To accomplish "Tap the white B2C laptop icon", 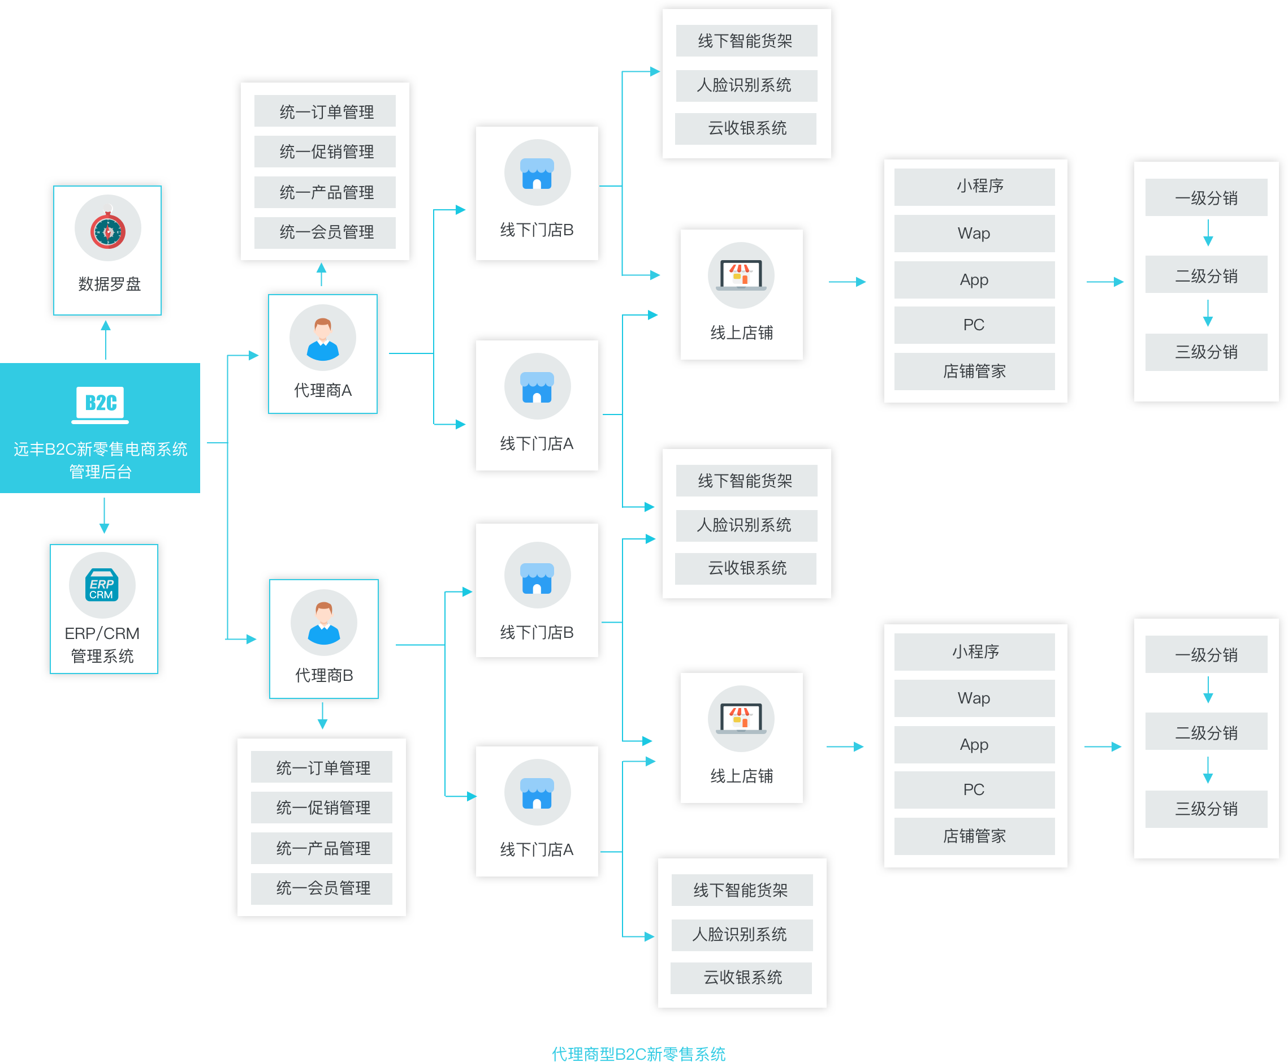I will pyautogui.click(x=100, y=404).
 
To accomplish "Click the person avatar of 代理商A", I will pyautogui.click(x=323, y=338).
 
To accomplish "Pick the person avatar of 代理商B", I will pyautogui.click(x=324, y=623).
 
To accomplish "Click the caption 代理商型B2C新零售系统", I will pyautogui.click(x=638, y=1053).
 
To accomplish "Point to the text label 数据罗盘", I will pyautogui.click(x=110, y=284).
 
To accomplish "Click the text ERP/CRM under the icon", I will pyautogui.click(x=102, y=633).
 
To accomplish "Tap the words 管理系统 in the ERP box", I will pyautogui.click(x=102, y=656).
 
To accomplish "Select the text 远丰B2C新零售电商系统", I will pyautogui.click(x=100, y=449).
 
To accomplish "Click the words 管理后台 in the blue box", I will pyautogui.click(x=100, y=472).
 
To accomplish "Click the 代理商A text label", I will pyautogui.click(x=323, y=390).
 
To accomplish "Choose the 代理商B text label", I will pyautogui.click(x=324, y=675).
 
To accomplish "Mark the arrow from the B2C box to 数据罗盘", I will pyautogui.click(x=106, y=339).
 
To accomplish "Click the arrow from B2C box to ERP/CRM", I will pyautogui.click(x=104, y=516).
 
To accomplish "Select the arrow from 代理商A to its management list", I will pyautogui.click(x=321, y=274).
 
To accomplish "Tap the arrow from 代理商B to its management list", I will pyautogui.click(x=322, y=716).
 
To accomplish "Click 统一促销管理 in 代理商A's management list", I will pyautogui.click(x=326, y=152).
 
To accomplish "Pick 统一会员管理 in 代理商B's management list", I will pyautogui.click(x=323, y=888).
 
